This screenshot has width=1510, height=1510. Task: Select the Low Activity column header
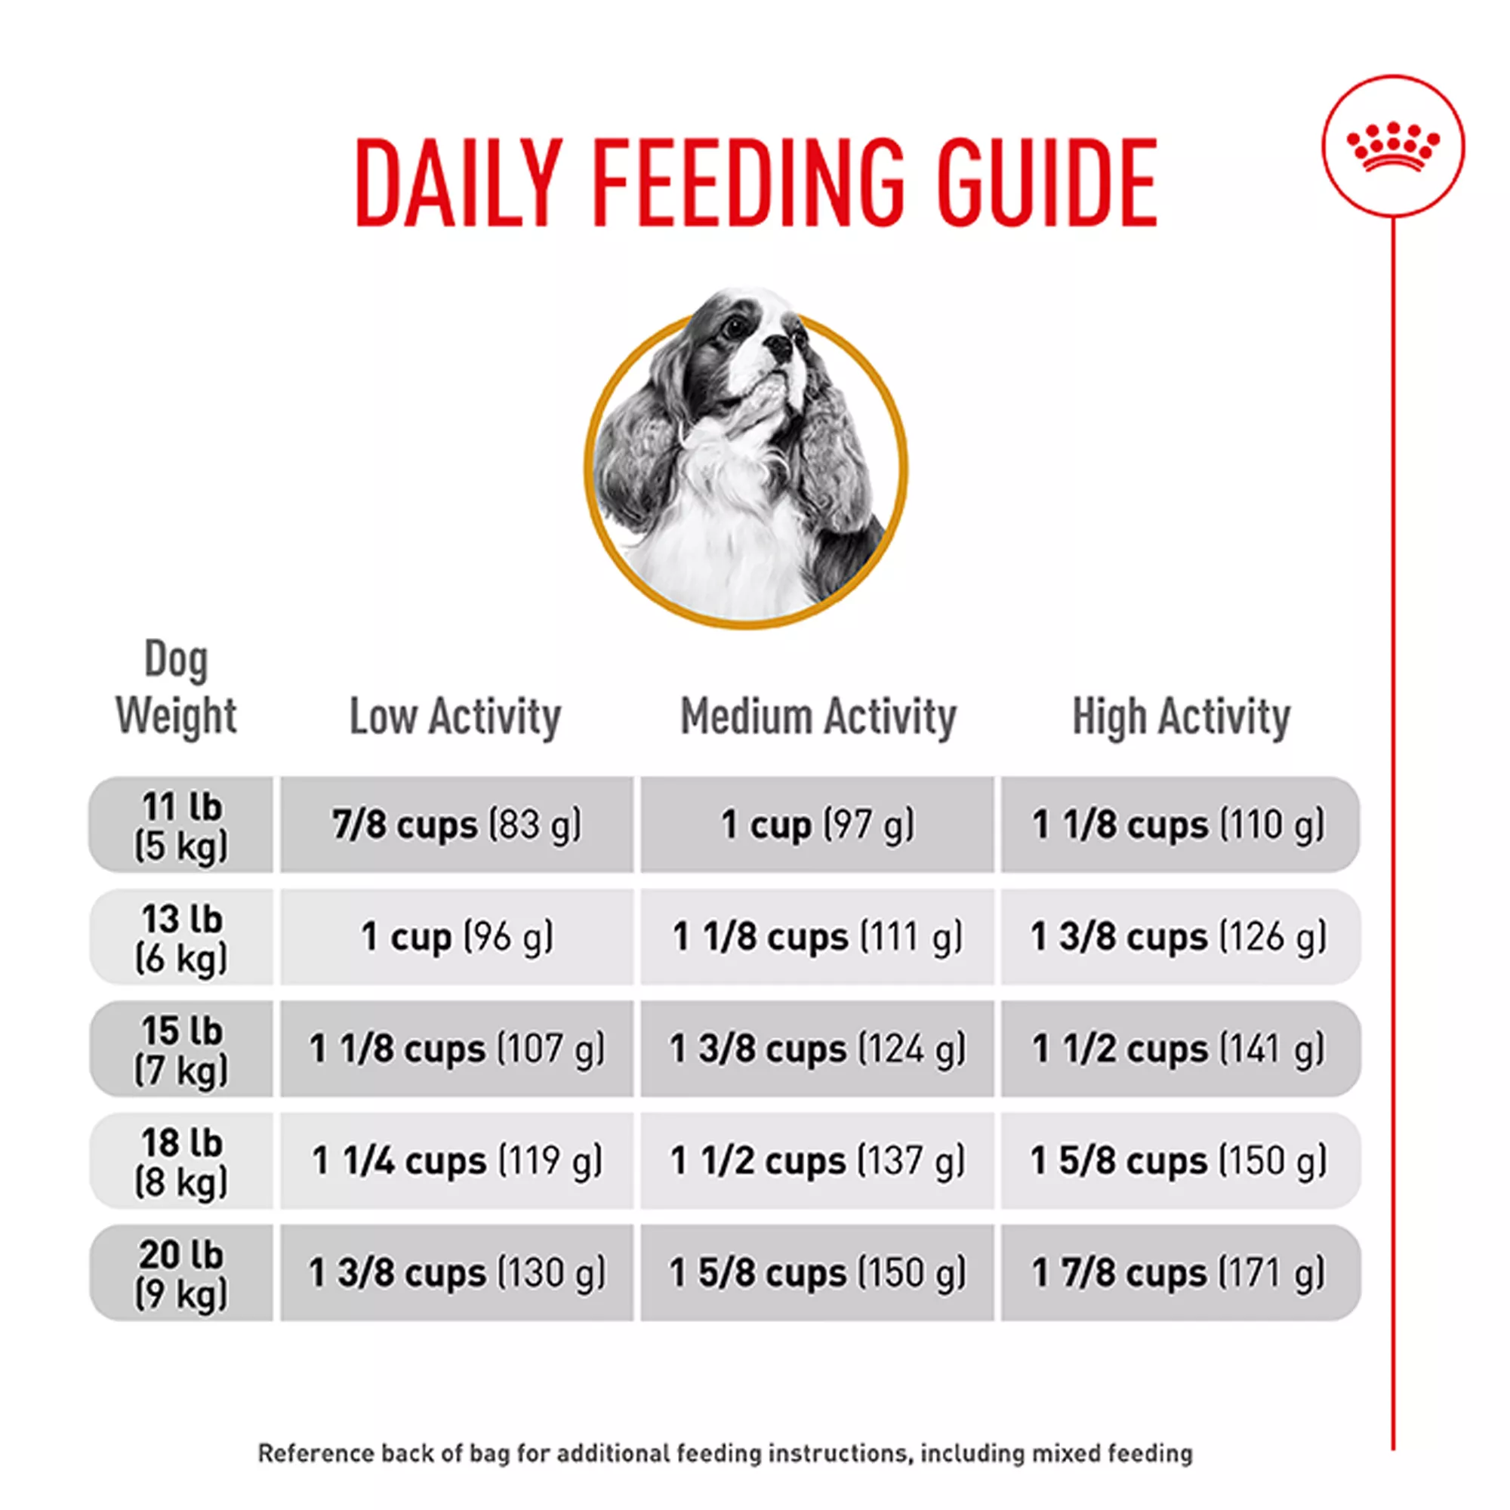coord(455,716)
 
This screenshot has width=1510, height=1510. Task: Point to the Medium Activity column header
coord(818,716)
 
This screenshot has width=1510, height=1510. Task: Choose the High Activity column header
coord(1180,716)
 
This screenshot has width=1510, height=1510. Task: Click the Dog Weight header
coord(177,688)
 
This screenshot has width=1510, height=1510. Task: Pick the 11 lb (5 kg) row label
coord(181,825)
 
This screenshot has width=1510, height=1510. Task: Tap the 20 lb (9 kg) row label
coord(181,1273)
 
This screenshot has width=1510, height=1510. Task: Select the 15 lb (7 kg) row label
coord(181,1049)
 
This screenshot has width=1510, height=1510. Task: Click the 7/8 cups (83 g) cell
coord(457,825)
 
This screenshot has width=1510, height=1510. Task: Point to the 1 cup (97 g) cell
coord(818,825)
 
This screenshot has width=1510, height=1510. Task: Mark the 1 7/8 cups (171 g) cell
coord(1180,1273)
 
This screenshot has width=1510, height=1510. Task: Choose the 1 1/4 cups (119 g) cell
coord(457,1161)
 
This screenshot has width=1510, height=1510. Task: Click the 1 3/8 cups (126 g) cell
coord(1180,937)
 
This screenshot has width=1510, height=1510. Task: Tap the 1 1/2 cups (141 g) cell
coord(1180,1049)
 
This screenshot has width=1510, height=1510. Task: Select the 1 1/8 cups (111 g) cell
coord(818,937)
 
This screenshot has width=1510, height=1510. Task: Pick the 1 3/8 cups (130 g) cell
coord(457,1273)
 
